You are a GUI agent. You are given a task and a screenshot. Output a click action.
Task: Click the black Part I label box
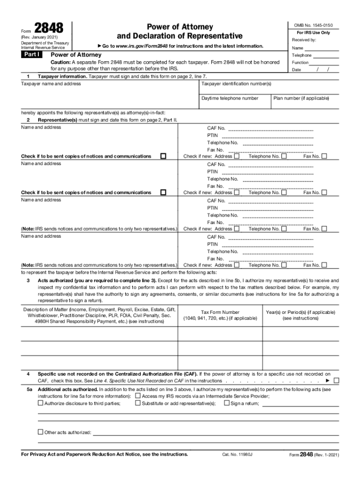(31, 55)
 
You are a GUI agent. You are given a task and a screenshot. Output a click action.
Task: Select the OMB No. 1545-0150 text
(313, 25)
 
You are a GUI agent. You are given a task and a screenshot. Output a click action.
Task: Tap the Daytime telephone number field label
(230, 98)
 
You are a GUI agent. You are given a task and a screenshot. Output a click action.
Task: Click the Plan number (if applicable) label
(301, 98)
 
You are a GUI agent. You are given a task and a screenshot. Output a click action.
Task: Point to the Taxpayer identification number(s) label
(236, 84)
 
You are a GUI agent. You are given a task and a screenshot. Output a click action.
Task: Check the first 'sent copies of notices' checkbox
(163, 156)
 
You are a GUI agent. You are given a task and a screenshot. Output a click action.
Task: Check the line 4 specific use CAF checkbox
(336, 381)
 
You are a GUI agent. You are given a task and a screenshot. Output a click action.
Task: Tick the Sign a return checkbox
(227, 403)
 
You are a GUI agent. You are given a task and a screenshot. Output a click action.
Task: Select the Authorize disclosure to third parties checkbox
(40, 403)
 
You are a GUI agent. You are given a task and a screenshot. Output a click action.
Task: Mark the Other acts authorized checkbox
(40, 432)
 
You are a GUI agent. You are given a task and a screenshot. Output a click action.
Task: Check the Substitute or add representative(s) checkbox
(138, 403)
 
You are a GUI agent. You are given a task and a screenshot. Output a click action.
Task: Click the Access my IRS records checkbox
(138, 396)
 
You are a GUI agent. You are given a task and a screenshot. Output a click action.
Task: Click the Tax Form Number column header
(220, 312)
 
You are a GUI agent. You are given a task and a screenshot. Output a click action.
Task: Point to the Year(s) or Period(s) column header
(300, 312)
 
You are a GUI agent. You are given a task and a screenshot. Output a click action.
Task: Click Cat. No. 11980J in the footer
(238, 454)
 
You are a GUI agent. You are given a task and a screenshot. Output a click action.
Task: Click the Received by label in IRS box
(304, 40)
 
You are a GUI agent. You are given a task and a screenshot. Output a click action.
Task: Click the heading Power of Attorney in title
(180, 27)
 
